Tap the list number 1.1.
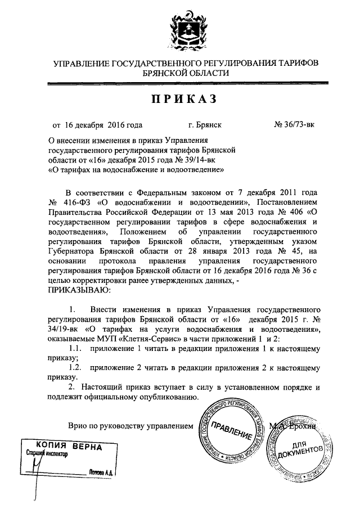click(74, 349)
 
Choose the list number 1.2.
click(74, 368)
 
